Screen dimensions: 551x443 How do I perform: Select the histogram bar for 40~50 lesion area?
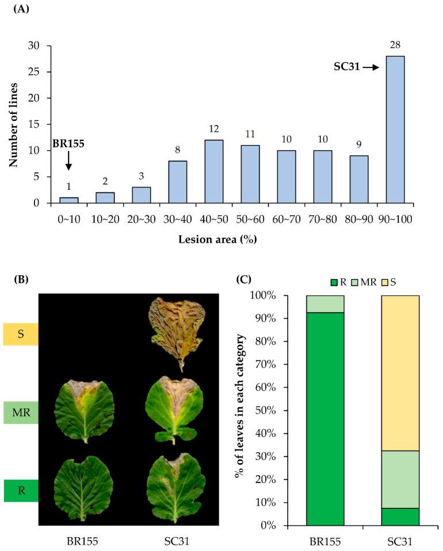click(x=214, y=172)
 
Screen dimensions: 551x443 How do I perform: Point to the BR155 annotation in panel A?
click(x=68, y=144)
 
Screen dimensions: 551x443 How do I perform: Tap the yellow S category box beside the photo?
click(x=21, y=334)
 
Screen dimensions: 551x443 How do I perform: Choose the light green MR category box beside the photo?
click(x=21, y=412)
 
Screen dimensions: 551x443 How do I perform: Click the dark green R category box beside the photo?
click(x=21, y=491)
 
